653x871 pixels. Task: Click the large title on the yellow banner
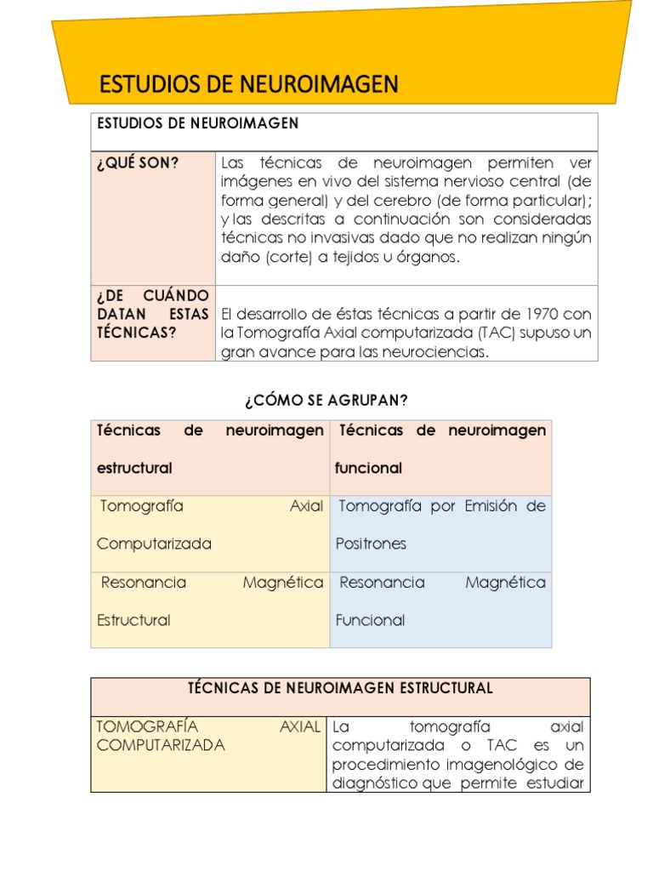pyautogui.click(x=248, y=84)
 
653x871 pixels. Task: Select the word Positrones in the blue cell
pyautogui.click(x=371, y=544)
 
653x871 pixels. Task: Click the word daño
pyautogui.click(x=239, y=258)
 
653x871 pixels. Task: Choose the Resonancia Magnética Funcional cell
pyautogui.click(x=440, y=601)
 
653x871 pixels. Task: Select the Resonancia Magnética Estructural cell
pyautogui.click(x=210, y=601)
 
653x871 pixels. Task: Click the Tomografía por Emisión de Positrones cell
pyautogui.click(x=440, y=525)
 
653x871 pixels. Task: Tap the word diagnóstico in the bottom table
pyautogui.click(x=374, y=783)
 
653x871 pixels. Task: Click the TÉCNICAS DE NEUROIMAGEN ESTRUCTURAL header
pyautogui.click(x=340, y=687)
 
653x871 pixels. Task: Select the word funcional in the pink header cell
pyautogui.click(x=368, y=468)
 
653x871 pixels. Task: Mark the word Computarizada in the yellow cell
pyautogui.click(x=154, y=544)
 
